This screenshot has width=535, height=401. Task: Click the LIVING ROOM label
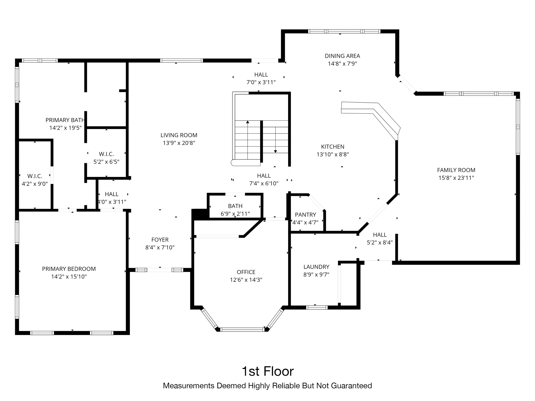point(179,135)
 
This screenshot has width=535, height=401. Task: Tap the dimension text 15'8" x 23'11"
point(456,178)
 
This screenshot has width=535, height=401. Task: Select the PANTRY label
point(305,215)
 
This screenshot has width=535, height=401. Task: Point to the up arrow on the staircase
point(247,122)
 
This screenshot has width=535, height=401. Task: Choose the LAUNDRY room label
point(316,267)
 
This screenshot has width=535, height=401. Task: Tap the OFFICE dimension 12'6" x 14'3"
point(246,280)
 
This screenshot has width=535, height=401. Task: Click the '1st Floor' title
point(267,371)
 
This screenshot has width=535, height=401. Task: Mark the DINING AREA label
point(342,56)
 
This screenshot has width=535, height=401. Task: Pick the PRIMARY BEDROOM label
point(69,269)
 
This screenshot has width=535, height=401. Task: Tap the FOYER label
point(160,240)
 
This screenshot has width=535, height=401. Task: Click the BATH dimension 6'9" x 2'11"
point(235,214)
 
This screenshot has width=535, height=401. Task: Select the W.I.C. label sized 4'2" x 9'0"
point(35,176)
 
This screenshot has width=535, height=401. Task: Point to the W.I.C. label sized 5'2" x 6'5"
point(106,154)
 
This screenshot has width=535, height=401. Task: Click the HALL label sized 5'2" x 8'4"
point(380,235)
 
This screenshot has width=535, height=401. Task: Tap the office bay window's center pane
point(242,329)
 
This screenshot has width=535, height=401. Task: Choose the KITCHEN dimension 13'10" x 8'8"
point(333,155)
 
